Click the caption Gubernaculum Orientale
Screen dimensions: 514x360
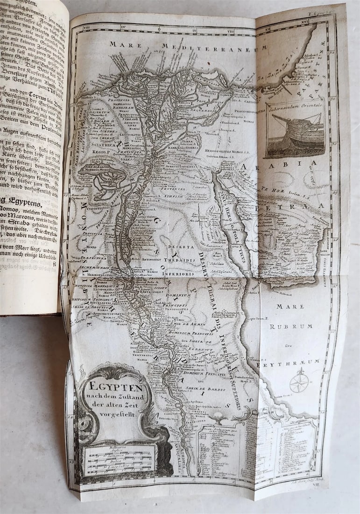(x=294, y=109)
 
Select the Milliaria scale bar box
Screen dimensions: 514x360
(x=119, y=458)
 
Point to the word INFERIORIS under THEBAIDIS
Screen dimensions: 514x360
(x=178, y=273)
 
